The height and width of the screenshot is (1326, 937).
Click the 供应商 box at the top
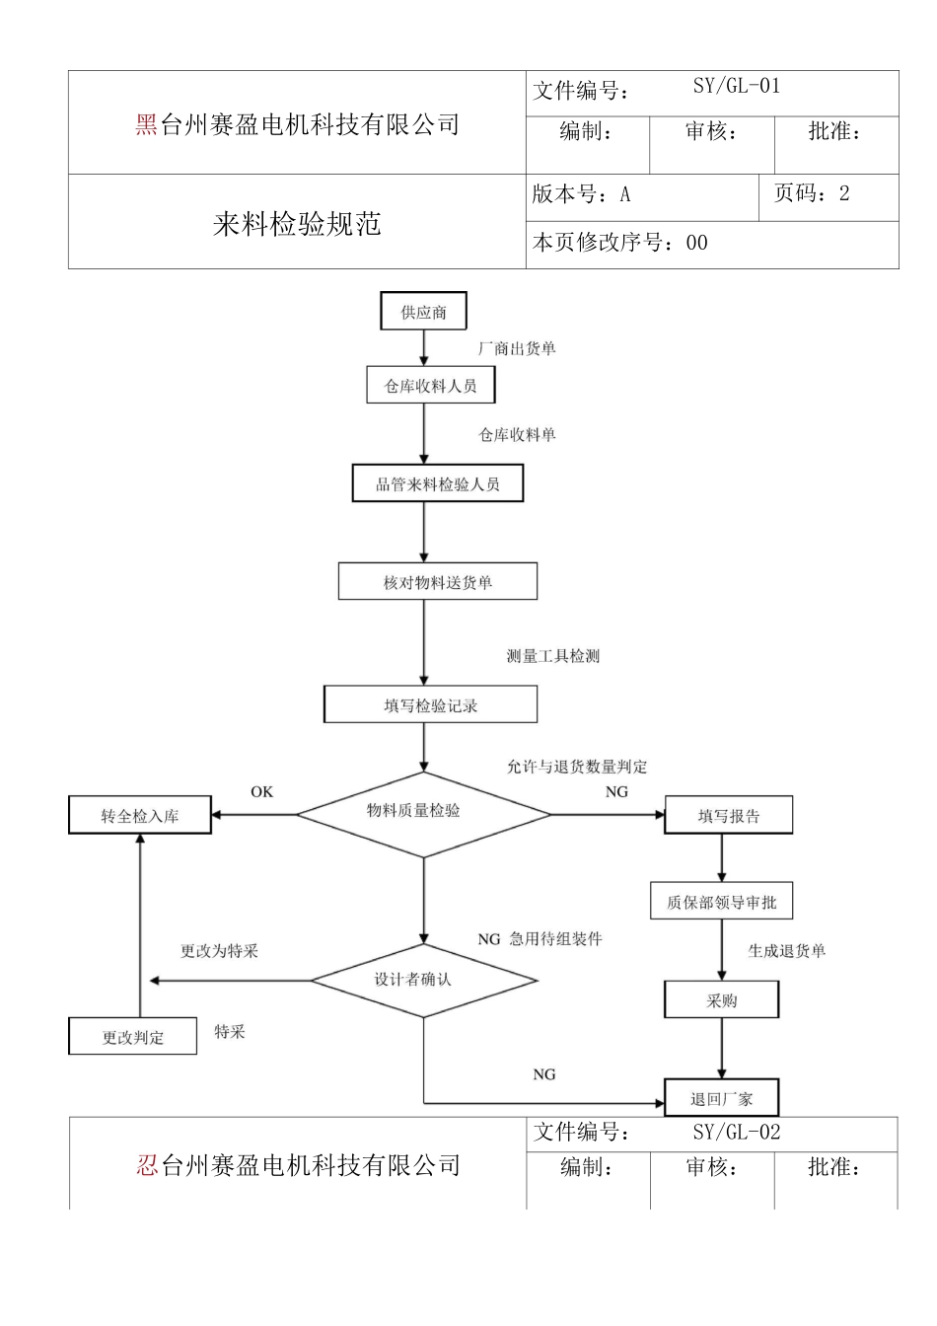pos(423,312)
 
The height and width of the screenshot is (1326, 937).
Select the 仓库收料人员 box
pos(430,386)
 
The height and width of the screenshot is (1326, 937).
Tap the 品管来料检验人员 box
pos(437,483)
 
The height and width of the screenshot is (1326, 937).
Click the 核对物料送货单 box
pos(437,582)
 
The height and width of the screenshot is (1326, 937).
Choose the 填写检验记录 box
pos(430,705)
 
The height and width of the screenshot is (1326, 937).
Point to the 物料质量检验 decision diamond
pos(423,813)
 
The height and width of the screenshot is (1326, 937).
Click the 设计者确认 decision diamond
pos(423,980)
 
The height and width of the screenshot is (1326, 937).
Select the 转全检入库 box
pos(140,816)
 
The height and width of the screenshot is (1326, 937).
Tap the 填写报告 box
pos(728,816)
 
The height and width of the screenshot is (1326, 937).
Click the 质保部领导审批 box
pos(721,902)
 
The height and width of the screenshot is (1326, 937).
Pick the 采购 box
pos(721,1000)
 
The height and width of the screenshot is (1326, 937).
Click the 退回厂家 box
pos(721,1098)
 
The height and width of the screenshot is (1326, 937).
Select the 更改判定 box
pos(133,1037)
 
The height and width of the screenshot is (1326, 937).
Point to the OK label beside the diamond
pos(261,792)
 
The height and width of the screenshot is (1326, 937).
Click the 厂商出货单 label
pos(517,348)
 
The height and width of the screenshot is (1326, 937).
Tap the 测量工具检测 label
pos(552,656)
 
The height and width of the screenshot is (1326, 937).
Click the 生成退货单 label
pos(786,951)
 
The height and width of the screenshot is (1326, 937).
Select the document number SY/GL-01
pos(736,87)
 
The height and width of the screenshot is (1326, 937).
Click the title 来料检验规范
pos(297,224)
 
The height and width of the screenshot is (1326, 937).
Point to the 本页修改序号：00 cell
pos(620,243)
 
